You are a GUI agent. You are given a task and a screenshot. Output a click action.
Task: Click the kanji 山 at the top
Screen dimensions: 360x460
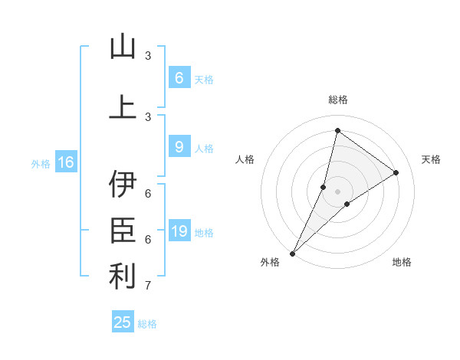coord(123,47)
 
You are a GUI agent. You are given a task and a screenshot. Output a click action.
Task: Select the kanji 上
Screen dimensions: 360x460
coord(123,107)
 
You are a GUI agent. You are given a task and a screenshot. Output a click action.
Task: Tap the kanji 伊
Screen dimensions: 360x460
coord(123,185)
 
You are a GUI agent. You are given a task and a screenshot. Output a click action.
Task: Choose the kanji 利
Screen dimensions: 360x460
coord(123,277)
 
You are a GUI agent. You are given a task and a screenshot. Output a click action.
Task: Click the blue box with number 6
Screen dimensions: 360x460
coord(179,78)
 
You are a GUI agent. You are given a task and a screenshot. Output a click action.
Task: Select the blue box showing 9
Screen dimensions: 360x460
coord(179,147)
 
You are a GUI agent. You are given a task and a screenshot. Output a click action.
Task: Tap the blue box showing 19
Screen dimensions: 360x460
coord(179,231)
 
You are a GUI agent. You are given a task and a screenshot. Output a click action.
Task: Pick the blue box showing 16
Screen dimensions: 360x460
coord(65,162)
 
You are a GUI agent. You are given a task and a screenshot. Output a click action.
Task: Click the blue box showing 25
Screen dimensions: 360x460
coord(123,322)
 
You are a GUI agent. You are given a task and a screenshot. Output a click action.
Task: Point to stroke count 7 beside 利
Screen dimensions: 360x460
coord(148,286)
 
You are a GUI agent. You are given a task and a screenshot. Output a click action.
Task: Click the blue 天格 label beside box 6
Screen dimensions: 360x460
coord(204,80)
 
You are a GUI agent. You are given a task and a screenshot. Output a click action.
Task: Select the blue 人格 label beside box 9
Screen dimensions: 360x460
coord(204,149)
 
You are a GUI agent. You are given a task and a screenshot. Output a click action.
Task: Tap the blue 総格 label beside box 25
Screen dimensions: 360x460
coord(147,324)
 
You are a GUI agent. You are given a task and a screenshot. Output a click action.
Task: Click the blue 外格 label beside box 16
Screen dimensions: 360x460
coord(41,164)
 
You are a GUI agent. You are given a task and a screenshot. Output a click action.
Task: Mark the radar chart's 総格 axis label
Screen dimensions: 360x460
coord(337,100)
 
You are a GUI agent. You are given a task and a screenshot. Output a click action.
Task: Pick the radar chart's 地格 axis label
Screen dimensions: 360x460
coord(402,262)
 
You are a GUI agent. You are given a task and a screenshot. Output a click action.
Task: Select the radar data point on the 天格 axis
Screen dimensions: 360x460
coord(396,172)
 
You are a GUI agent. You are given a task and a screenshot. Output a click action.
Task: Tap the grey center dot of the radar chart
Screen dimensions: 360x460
coord(337,191)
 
